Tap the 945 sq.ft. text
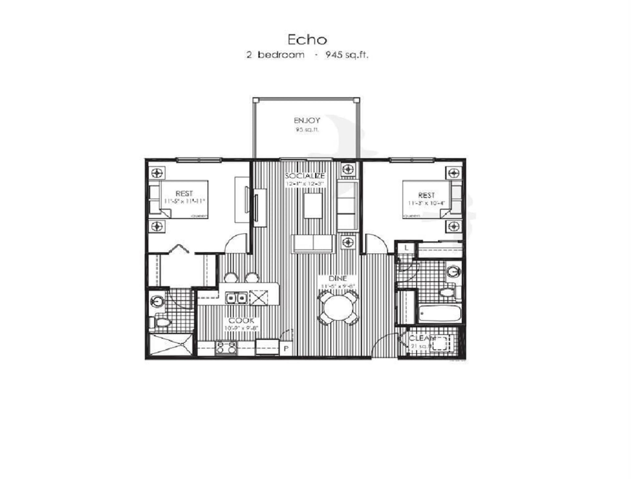tap(347, 55)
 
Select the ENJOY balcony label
tap(307, 121)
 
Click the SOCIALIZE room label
tap(305, 176)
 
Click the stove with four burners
tap(226, 348)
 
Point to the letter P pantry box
tap(286, 349)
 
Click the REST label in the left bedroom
tap(184, 193)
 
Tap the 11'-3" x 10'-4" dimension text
tap(426, 203)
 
